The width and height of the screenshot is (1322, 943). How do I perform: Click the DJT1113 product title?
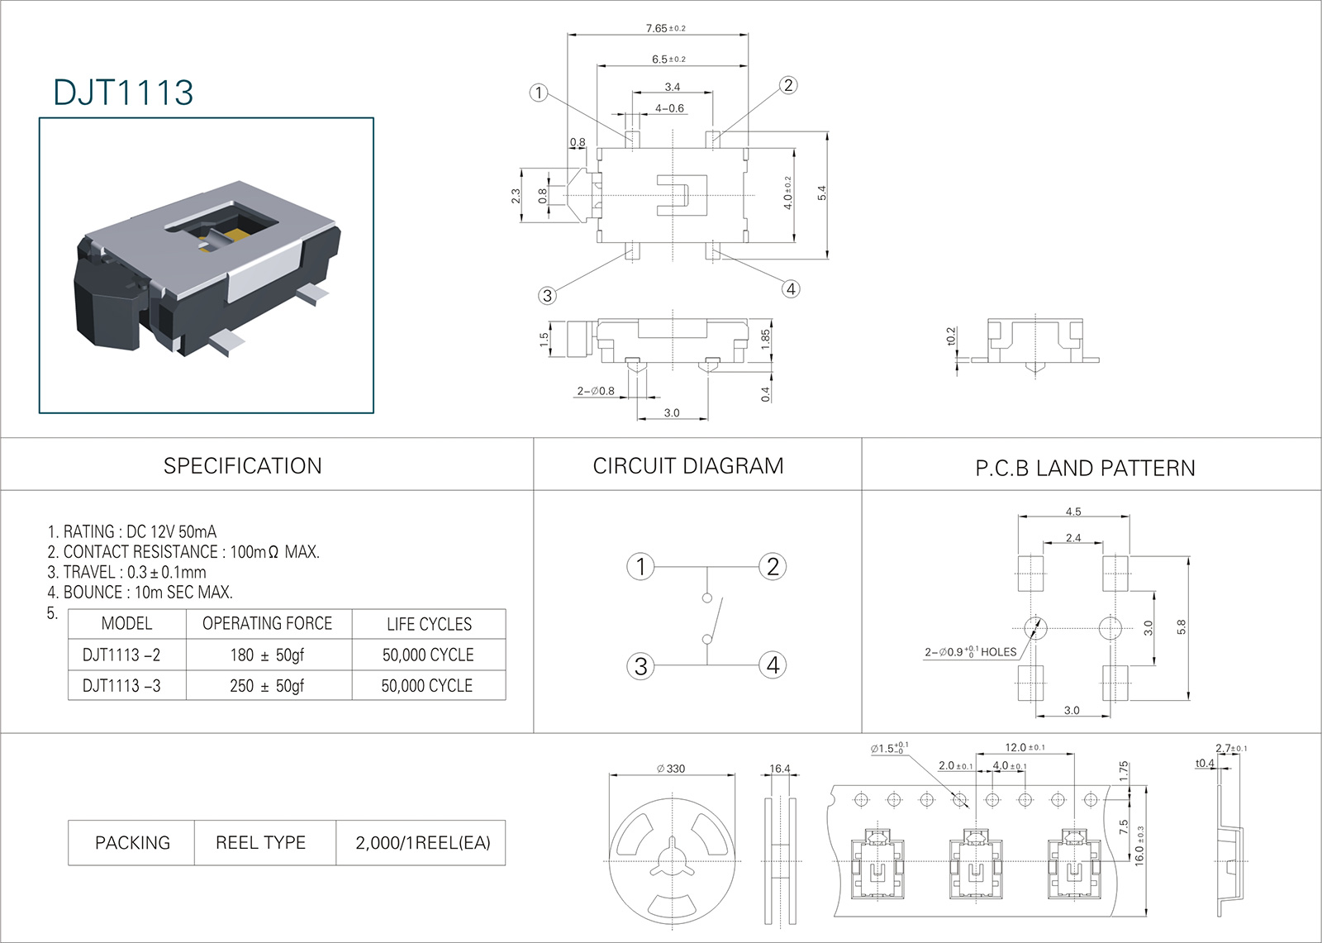[123, 93]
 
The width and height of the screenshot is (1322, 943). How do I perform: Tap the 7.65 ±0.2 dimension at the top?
[665, 28]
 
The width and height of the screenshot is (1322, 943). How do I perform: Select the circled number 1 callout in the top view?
[539, 93]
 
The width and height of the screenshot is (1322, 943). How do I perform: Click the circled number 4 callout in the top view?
[791, 288]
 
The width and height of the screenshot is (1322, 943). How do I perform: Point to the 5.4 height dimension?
[821, 193]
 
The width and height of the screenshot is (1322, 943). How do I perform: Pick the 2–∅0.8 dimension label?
[596, 391]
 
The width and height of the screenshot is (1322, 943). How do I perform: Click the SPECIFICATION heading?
[242, 466]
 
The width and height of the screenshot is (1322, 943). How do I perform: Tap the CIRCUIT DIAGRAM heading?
[687, 466]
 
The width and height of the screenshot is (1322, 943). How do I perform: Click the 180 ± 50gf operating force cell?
[267, 655]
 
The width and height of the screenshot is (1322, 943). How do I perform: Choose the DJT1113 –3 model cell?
[121, 686]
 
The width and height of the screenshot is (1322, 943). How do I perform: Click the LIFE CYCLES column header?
[429, 624]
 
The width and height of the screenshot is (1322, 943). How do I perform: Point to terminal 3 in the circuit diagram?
[640, 666]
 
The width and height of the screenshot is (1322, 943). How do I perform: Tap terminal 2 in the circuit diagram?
[773, 567]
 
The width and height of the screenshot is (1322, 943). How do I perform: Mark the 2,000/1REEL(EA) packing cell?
[422, 843]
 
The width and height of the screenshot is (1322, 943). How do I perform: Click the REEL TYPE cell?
[260, 843]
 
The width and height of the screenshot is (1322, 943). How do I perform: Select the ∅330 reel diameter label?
[671, 769]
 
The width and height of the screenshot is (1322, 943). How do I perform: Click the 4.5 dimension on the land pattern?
[1072, 512]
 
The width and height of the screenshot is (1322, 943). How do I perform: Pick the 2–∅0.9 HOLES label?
[970, 652]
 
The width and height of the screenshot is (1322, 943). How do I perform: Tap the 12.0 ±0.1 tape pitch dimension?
[1025, 747]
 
